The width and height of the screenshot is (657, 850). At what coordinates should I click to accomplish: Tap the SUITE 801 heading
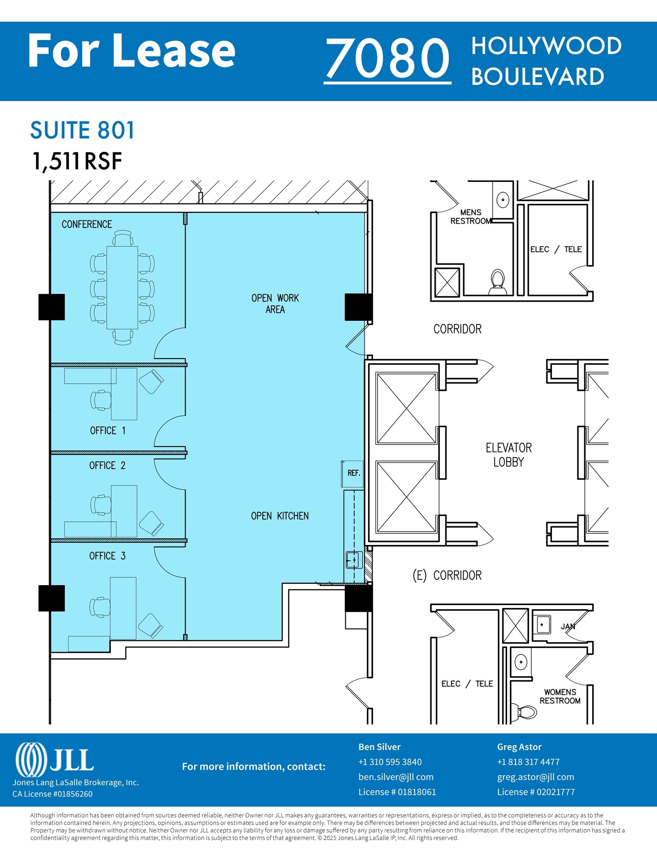pos(82,130)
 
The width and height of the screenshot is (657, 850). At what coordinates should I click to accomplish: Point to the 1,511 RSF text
pos(77,161)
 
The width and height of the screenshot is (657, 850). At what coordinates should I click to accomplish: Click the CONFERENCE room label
pos(87,225)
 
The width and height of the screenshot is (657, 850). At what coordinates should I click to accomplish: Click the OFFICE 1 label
pos(107,431)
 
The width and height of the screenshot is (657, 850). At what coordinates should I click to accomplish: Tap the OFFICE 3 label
pos(107,556)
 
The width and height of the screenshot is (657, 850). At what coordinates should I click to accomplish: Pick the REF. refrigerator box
pos(353,474)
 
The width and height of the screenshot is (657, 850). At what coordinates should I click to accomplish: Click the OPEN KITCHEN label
pos(280,516)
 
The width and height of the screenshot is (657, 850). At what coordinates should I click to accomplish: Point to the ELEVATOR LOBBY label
pos(508,455)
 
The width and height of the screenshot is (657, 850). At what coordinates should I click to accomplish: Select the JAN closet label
pos(568,627)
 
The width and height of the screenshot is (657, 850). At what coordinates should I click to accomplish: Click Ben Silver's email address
pos(396,777)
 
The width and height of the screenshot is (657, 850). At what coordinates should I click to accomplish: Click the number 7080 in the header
pos(387,58)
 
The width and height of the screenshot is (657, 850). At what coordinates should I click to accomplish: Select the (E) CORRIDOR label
pos(447,576)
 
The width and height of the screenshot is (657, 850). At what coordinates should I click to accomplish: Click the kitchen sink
pos(353,560)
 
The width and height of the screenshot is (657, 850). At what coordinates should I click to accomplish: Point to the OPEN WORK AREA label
pos(275,304)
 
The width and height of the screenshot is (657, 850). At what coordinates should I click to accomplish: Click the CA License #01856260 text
pos(52,794)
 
